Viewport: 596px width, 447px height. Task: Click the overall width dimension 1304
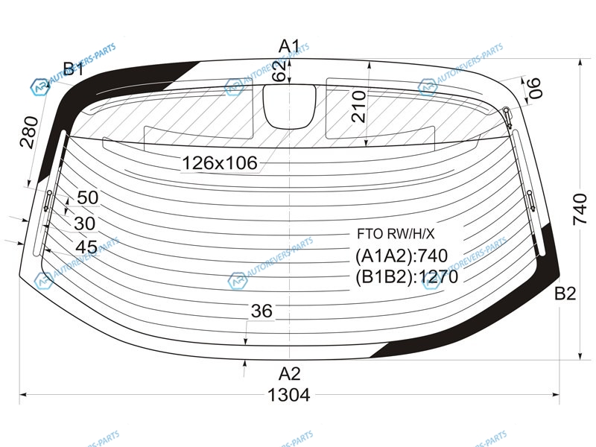pos(289,396)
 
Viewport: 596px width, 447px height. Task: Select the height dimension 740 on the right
pos(580,209)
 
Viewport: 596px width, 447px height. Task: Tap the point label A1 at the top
pos(289,46)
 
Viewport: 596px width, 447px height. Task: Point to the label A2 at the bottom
pos(290,374)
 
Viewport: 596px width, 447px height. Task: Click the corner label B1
pos(73,69)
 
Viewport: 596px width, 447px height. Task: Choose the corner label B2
pos(565,294)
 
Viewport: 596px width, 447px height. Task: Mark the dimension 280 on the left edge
pos(29,133)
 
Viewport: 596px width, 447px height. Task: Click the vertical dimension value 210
pos(359,107)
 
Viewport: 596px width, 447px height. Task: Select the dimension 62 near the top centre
pos(280,71)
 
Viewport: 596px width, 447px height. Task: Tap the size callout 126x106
pos(220,163)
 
